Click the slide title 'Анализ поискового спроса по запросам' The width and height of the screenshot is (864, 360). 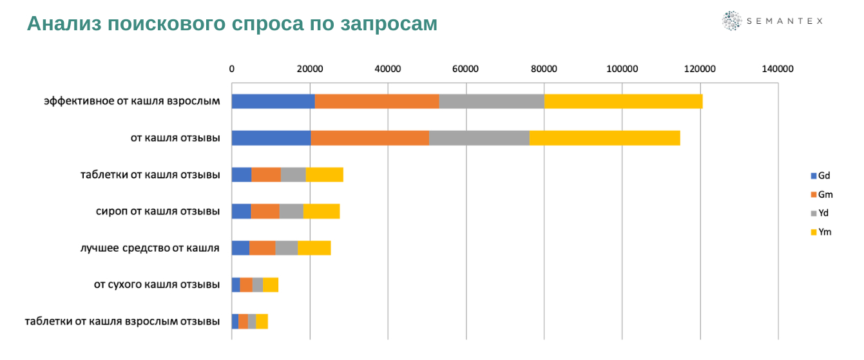pyautogui.click(x=232, y=24)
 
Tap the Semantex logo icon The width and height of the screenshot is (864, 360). pyautogui.click(x=732, y=21)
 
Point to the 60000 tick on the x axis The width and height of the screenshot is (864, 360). pyautogui.click(x=465, y=69)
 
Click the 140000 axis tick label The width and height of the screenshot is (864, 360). pyautogui.click(x=778, y=69)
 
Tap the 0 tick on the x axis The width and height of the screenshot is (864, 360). pyautogui.click(x=232, y=69)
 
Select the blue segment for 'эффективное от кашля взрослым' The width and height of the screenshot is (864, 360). pyautogui.click(x=273, y=101)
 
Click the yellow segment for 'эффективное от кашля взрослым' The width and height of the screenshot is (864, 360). pyautogui.click(x=623, y=101)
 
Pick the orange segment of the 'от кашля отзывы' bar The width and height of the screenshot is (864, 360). pyautogui.click(x=370, y=138)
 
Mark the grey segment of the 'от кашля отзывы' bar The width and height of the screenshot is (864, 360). pyautogui.click(x=479, y=138)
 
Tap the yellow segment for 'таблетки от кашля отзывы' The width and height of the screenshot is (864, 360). pyautogui.click(x=325, y=175)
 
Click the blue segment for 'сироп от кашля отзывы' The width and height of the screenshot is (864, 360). pyautogui.click(x=242, y=211)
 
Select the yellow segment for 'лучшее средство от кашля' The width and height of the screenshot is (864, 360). pyautogui.click(x=314, y=248)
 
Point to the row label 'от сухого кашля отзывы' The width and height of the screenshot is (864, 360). pyautogui.click(x=157, y=285)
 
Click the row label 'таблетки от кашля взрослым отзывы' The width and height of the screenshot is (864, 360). pyautogui.click(x=122, y=321)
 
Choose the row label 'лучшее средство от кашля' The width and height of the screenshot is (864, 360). pyautogui.click(x=149, y=248)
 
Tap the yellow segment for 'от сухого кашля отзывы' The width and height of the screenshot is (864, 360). pyautogui.click(x=271, y=285)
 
